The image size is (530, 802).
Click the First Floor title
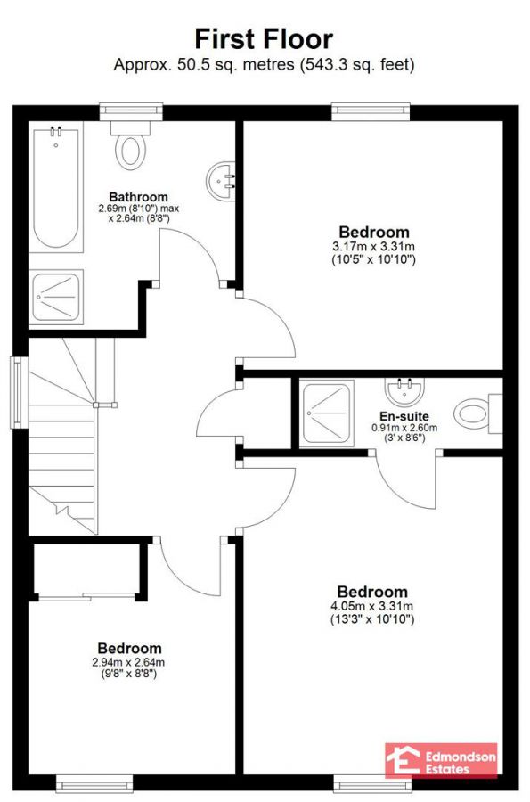click(x=264, y=38)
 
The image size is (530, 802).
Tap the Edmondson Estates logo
click(x=440, y=760)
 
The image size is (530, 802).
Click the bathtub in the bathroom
click(x=55, y=188)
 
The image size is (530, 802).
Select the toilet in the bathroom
click(x=131, y=147)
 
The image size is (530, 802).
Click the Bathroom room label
click(x=138, y=197)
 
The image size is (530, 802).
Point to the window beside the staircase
click(x=17, y=392)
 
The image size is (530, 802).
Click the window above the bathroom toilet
click(x=131, y=111)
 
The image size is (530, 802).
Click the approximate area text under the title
click(x=264, y=65)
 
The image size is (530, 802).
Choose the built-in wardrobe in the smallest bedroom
click(x=86, y=569)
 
